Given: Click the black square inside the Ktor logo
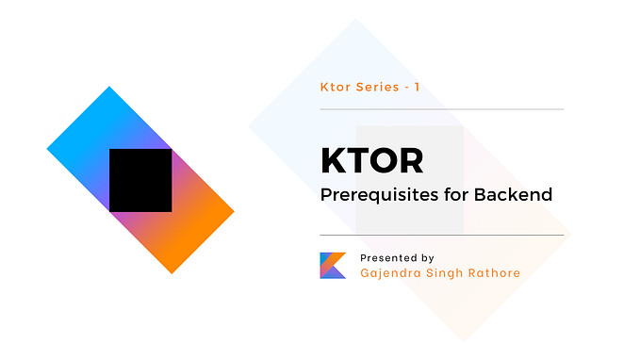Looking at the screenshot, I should pyautogui.click(x=140, y=180).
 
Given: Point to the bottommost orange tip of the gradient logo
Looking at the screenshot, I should pyautogui.click(x=172, y=270).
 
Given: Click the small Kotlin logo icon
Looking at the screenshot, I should pyautogui.click(x=333, y=265).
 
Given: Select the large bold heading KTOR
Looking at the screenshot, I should pyautogui.click(x=371, y=161).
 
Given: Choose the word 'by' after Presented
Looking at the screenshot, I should pyautogui.click(x=427, y=257).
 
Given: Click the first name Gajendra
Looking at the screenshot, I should pyautogui.click(x=391, y=273).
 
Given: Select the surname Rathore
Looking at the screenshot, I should pyautogui.click(x=497, y=273).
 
